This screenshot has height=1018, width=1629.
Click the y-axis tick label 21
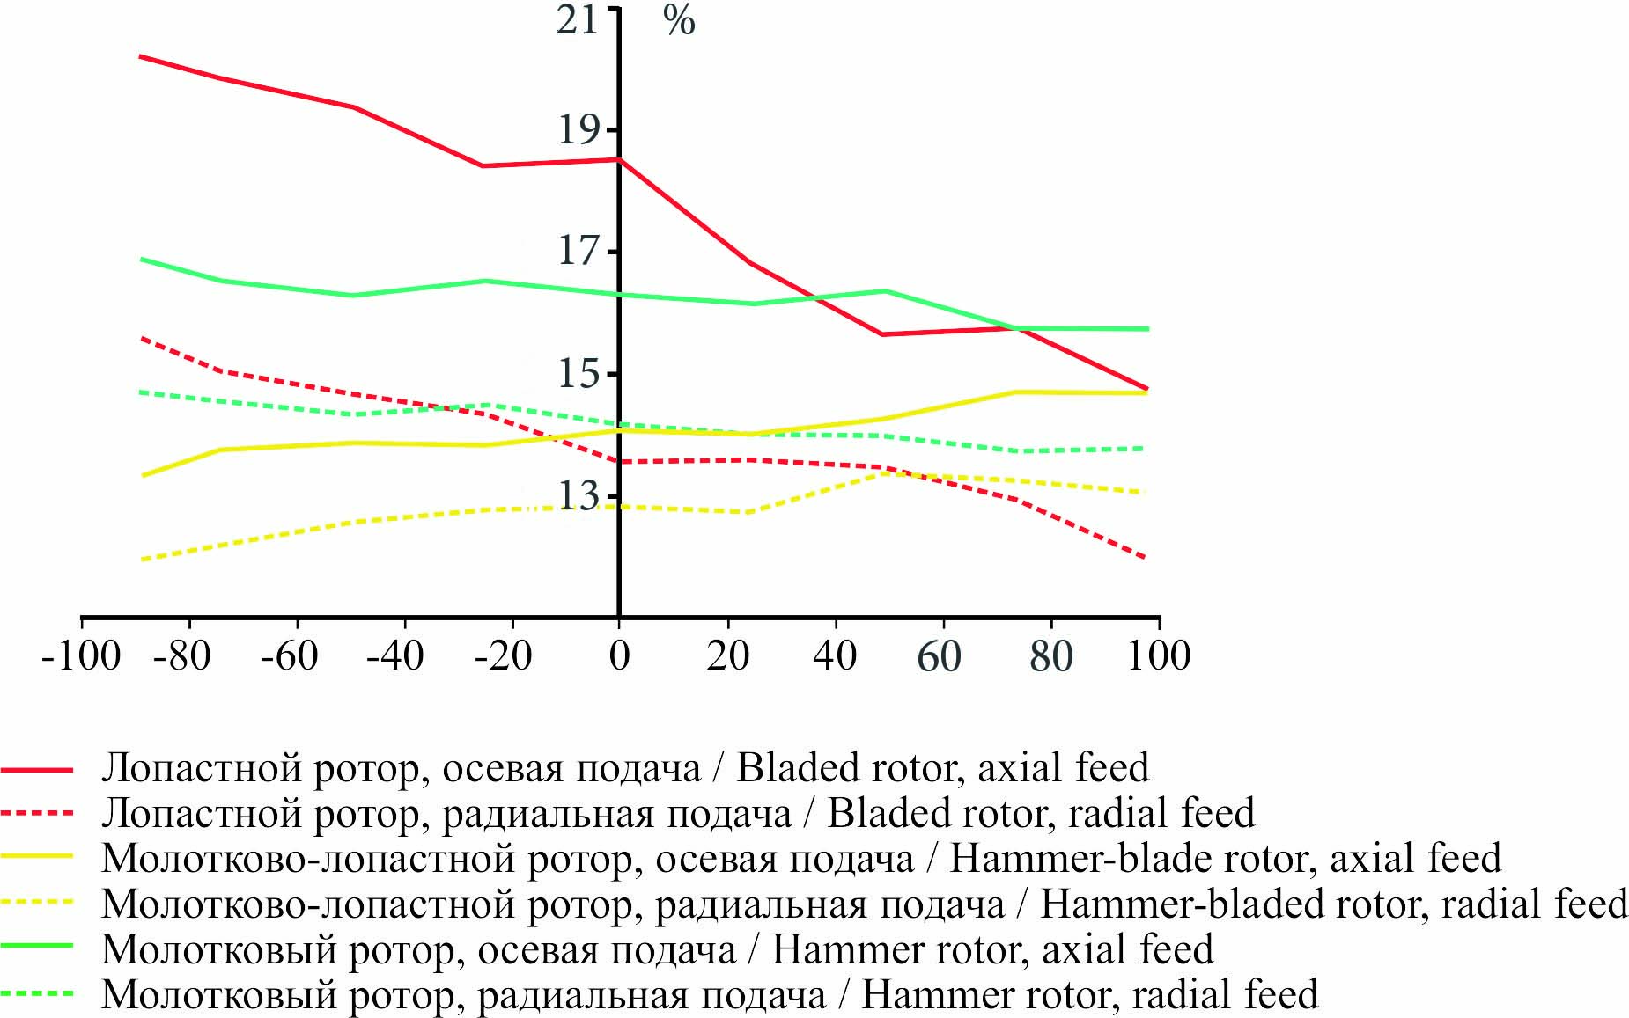click(578, 19)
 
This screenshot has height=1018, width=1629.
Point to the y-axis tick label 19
click(579, 130)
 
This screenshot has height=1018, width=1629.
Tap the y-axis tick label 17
click(579, 252)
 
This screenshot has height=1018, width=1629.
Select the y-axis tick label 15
click(579, 374)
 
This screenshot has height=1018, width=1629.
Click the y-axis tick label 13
click(579, 495)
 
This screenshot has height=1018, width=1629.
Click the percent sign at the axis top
click(679, 21)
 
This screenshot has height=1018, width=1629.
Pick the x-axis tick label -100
click(81, 656)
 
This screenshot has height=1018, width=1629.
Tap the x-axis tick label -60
click(289, 656)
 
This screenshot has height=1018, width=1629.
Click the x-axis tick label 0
click(619, 656)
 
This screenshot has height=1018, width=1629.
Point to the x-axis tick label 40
click(834, 656)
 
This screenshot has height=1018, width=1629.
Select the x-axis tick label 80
click(1050, 656)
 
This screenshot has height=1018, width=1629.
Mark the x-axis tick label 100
click(1159, 656)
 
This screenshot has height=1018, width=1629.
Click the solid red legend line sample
click(37, 769)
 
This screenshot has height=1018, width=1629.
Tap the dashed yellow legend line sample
click(37, 904)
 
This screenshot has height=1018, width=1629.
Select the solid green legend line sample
click(37, 948)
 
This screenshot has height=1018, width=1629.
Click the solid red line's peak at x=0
click(619, 159)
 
